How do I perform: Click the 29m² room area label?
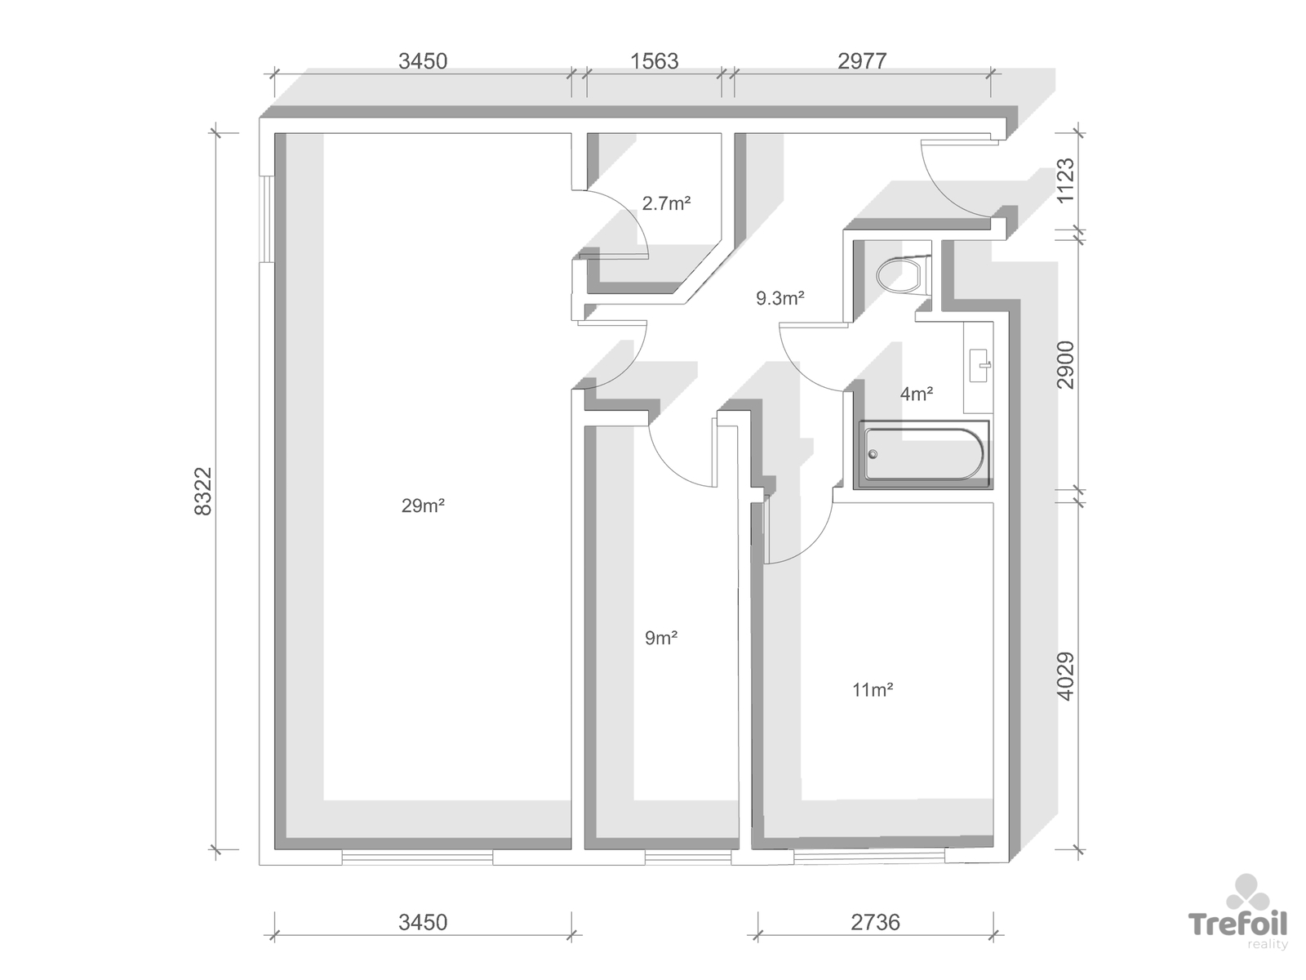click(423, 506)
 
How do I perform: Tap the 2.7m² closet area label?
click(666, 203)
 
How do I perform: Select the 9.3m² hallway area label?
click(780, 298)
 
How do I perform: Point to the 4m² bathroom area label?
click(917, 394)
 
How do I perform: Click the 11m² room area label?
click(873, 689)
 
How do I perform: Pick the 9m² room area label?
click(661, 638)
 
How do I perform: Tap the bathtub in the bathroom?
click(923, 455)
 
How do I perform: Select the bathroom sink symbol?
click(979, 365)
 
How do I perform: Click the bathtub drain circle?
click(873, 455)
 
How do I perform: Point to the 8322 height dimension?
click(203, 491)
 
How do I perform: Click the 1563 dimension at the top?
click(654, 61)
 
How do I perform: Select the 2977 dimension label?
click(862, 61)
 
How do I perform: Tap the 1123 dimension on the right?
click(1065, 180)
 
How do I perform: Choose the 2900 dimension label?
click(1065, 365)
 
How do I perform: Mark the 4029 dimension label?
click(1065, 676)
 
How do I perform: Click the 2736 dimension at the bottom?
click(875, 922)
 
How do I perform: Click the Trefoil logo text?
click(1237, 924)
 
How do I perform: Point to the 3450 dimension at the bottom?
click(423, 922)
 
